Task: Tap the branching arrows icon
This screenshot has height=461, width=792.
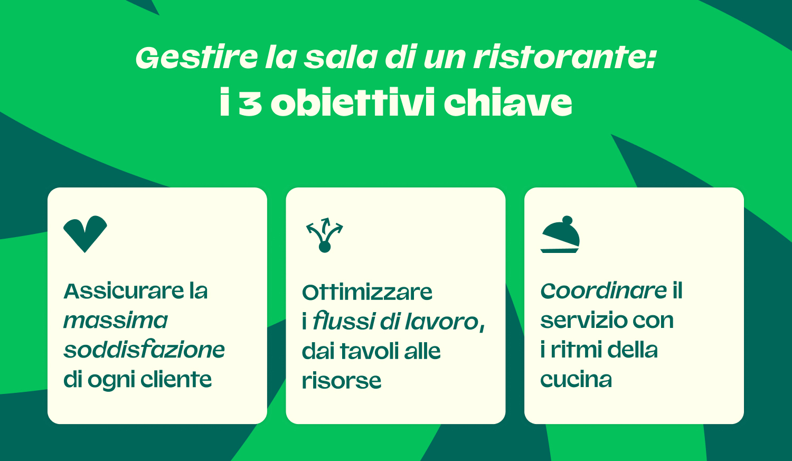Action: tap(325, 234)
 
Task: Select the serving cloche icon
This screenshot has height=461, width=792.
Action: tap(560, 234)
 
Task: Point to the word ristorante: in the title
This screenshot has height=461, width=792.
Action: tap(564, 58)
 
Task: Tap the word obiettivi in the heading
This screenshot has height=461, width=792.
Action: tap(353, 103)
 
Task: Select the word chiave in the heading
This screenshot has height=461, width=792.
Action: tap(507, 103)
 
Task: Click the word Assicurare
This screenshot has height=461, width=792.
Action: tap(124, 291)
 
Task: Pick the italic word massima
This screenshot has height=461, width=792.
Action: tap(116, 321)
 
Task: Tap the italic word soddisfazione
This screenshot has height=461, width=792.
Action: tap(144, 350)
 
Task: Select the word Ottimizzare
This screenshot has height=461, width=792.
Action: tap(367, 292)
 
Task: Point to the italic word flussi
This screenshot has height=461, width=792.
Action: tap(344, 322)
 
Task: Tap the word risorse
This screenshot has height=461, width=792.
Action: tap(342, 381)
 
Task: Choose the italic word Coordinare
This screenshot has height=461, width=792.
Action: tap(603, 291)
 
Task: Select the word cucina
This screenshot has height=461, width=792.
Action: tap(576, 380)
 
